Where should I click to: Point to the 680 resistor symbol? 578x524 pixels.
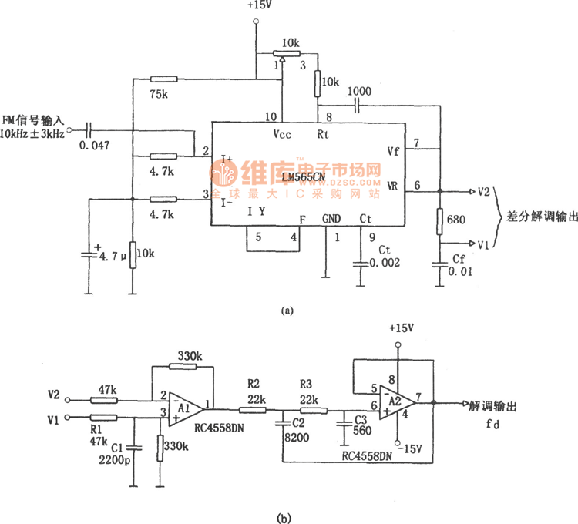click(440, 221)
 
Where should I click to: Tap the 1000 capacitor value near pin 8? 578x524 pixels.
click(358, 91)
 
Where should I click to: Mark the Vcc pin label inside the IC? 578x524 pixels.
click(283, 133)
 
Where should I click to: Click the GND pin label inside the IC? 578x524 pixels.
click(331, 219)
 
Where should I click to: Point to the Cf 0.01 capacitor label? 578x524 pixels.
click(460, 266)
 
